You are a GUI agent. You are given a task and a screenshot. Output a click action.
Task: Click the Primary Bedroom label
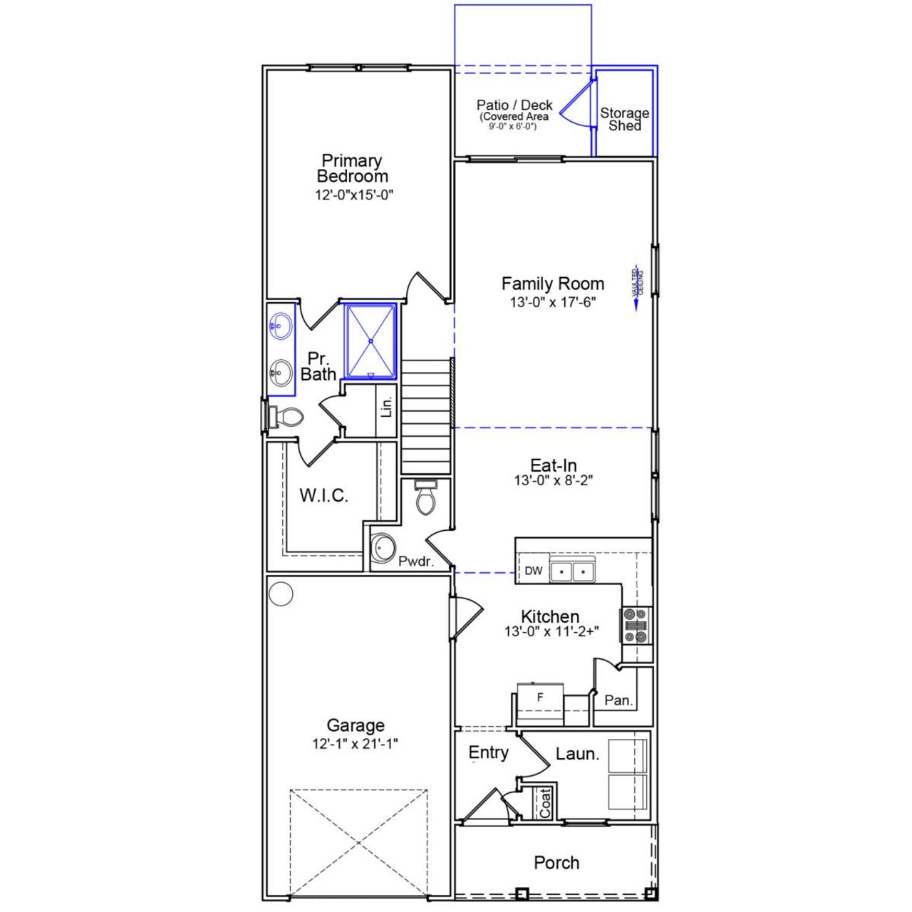click(x=353, y=169)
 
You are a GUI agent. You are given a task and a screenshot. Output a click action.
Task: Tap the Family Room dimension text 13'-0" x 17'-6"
click(x=552, y=302)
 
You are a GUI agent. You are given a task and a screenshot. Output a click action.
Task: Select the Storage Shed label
click(x=624, y=119)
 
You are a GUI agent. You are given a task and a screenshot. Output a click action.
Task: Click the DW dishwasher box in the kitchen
click(x=534, y=571)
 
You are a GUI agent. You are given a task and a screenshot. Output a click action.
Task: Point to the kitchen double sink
click(x=573, y=571)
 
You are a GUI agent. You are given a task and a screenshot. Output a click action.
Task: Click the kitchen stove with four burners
click(x=636, y=626)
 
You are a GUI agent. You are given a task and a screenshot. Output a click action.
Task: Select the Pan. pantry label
click(x=618, y=700)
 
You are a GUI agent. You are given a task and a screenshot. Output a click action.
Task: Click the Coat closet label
click(x=545, y=802)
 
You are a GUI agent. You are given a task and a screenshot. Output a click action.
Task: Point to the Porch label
click(x=556, y=863)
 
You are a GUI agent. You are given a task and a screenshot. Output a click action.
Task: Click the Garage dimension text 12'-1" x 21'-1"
click(x=355, y=744)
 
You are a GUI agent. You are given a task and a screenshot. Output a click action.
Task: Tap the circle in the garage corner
click(x=281, y=594)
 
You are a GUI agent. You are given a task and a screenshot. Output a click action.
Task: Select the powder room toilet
click(x=425, y=497)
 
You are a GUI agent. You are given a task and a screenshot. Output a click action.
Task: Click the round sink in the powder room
click(x=385, y=548)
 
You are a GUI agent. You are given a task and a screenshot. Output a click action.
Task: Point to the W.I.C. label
click(x=323, y=496)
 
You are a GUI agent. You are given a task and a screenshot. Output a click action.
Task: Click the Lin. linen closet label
click(x=387, y=407)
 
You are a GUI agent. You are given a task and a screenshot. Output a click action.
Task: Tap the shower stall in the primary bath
click(x=370, y=341)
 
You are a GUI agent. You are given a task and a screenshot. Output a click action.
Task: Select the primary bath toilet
click(x=288, y=417)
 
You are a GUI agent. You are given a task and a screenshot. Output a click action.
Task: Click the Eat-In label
click(x=554, y=466)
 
